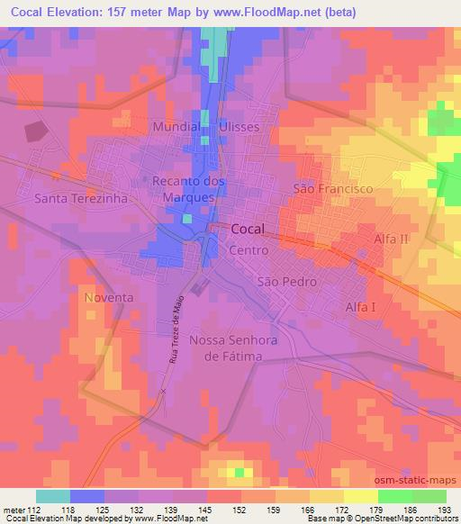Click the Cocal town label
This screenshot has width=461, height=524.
tap(253, 230)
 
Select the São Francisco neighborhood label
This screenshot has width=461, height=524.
tap(333, 189)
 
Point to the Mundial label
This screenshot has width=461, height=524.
tap(175, 128)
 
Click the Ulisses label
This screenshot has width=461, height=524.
tap(240, 128)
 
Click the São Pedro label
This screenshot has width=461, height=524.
tap(286, 282)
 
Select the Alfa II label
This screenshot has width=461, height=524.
tap(392, 239)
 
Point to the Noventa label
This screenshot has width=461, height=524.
tap(109, 297)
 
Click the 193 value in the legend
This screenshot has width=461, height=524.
tap(445, 509)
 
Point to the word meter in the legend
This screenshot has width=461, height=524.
tap(13, 509)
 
